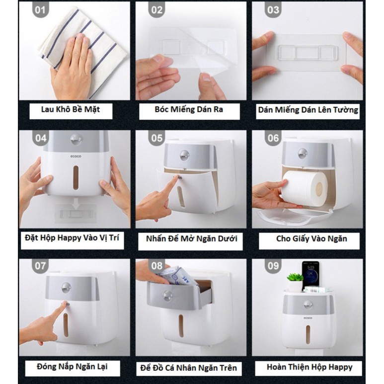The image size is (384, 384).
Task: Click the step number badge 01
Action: (40, 10)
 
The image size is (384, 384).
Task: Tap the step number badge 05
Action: (157, 138)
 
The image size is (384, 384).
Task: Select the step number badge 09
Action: (273, 266)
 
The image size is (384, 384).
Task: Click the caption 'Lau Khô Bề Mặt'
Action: (71, 109)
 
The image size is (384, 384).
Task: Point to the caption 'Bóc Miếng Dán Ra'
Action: (189, 109)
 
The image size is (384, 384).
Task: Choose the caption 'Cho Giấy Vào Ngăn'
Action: (311, 239)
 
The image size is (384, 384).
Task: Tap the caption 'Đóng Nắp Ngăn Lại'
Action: (72, 367)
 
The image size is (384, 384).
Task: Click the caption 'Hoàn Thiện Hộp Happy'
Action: (309, 367)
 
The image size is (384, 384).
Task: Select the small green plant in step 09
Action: (295, 278)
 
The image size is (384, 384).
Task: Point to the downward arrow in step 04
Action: (76, 204)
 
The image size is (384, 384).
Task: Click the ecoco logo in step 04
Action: (76, 156)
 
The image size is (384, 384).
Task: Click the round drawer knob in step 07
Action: (66, 288)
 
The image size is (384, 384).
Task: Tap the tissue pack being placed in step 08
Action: (179, 276)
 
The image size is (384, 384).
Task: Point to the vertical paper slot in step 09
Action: (308, 334)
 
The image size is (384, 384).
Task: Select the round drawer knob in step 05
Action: (184, 155)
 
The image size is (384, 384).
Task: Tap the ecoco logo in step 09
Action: (308, 318)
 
